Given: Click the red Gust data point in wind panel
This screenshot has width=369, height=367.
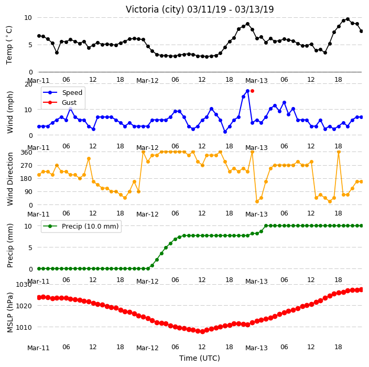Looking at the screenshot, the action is point(252,91).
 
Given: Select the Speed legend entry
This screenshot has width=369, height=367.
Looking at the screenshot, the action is point(62,92).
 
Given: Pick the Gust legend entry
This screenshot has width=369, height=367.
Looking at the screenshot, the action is point(60,102).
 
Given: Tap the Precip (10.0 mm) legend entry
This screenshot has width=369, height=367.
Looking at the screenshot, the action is point(81,226).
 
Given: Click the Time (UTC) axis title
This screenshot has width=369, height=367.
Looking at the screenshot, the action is point(200,358).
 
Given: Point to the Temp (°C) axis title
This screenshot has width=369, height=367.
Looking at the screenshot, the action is point(9,45).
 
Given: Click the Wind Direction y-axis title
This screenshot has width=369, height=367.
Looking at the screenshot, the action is point(9,179).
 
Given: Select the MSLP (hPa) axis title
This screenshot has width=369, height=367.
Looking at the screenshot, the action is point(10,312).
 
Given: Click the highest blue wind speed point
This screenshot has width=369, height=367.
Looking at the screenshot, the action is point(247,91).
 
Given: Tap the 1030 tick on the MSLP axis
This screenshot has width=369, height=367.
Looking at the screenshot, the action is point(24,285).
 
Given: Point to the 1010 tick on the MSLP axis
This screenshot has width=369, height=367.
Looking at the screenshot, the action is point(24,327).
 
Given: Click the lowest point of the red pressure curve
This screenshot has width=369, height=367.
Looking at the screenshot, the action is point(202,331).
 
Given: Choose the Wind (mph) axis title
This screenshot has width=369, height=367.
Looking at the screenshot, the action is point(10,112).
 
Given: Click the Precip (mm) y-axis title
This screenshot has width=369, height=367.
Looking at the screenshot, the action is point(10,245).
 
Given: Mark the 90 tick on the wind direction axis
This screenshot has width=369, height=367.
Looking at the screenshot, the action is point(28,192).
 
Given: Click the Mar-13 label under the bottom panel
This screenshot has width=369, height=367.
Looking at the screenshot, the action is point(256,348).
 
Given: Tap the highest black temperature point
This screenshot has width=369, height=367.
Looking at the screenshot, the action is point(348,19).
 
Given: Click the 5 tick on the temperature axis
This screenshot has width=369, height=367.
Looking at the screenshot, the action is point(30,45).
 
